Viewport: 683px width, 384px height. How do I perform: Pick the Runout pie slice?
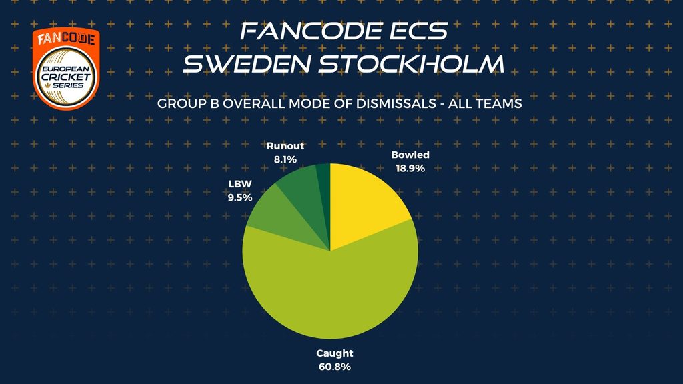pyautogui.click(x=305, y=191)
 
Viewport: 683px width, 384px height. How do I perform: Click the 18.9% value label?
pyautogui.click(x=410, y=169)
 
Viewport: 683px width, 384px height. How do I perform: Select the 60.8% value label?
pyautogui.click(x=335, y=367)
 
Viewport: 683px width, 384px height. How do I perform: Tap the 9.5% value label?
pyautogui.click(x=240, y=197)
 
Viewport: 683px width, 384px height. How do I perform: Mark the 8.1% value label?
pyautogui.click(x=285, y=160)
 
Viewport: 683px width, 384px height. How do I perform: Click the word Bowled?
pyautogui.click(x=410, y=155)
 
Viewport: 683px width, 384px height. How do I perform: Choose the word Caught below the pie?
pyautogui.click(x=335, y=353)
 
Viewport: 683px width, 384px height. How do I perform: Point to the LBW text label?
pyautogui.click(x=240, y=184)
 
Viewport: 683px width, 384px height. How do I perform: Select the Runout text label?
pyautogui.click(x=285, y=146)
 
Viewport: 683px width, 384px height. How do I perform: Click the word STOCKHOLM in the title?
pyautogui.click(x=411, y=63)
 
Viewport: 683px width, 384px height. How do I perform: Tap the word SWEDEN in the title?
pyautogui.click(x=247, y=63)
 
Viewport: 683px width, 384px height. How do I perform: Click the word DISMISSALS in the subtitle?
pyautogui.click(x=396, y=103)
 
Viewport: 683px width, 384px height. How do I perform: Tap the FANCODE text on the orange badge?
pyautogui.click(x=66, y=39)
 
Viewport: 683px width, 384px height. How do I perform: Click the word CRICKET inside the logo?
pyautogui.click(x=66, y=77)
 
